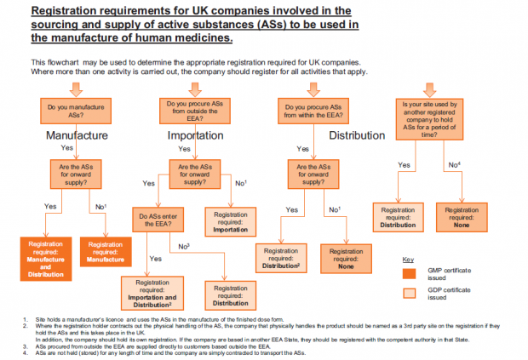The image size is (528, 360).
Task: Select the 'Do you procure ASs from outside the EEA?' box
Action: pos(193,110)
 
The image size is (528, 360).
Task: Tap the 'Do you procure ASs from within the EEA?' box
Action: pos(313,110)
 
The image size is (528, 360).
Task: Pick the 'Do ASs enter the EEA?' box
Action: pos(158,220)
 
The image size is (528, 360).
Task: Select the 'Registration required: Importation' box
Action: pos(232,220)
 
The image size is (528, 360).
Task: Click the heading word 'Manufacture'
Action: pos(76,134)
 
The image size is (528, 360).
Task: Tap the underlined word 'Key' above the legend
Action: pos(408,258)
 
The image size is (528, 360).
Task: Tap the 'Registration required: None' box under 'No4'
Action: pos(460,214)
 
